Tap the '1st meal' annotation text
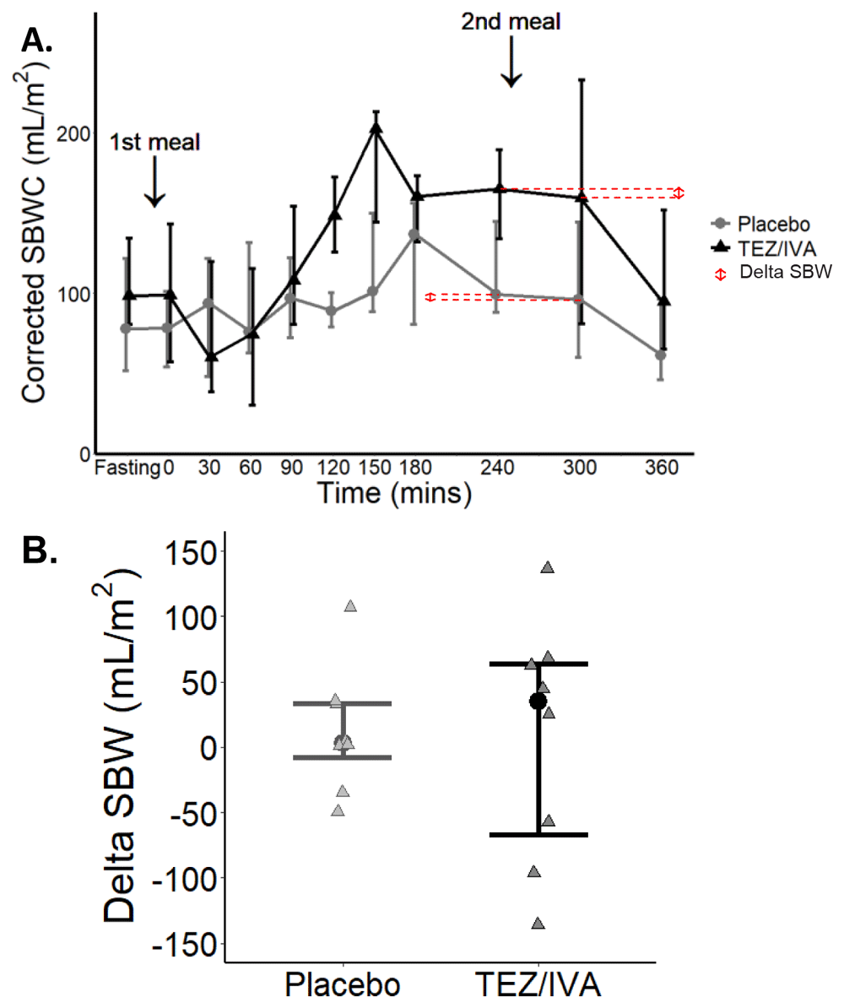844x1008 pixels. (x=154, y=142)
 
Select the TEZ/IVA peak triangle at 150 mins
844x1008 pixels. (x=376, y=127)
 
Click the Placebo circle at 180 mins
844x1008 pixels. (x=414, y=234)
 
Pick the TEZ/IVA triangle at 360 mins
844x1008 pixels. (x=664, y=301)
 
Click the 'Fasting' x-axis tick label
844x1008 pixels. (x=127, y=467)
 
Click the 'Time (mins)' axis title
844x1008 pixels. (x=393, y=492)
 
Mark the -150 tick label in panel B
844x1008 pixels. (x=187, y=943)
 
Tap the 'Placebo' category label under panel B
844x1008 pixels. (x=343, y=985)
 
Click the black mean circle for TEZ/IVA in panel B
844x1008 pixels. (x=538, y=702)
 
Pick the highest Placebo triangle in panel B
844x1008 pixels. (x=350, y=605)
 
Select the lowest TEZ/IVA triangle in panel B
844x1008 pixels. (x=538, y=924)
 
